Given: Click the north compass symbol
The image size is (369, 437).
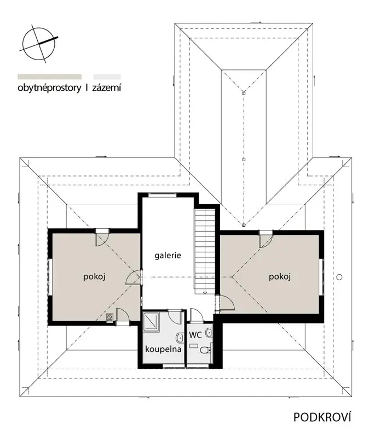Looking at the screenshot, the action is pos(39,44).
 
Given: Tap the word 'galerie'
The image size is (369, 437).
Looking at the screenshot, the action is pos(168,256).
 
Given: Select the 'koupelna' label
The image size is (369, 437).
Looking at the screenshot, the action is pos(163,349).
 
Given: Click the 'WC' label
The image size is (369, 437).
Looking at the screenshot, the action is pos(195,335).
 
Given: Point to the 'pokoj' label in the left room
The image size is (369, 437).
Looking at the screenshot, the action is pos(94,277).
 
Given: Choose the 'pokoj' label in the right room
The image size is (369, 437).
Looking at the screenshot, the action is pos(280,277).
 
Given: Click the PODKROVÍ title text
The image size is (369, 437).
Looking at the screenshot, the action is pos(322,417).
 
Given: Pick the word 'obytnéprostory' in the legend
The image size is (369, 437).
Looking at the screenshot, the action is pos(49,88).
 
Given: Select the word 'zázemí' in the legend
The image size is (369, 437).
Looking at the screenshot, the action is pos(107,88).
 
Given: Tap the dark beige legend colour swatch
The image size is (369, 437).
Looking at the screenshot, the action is pos(49,77).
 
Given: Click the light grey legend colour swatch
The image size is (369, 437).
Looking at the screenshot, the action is pos(107,77).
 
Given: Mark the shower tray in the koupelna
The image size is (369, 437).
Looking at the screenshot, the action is pos(152,322).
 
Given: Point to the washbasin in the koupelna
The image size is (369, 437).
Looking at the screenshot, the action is pos(179,338).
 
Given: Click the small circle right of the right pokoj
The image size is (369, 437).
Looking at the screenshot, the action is pos(339,277).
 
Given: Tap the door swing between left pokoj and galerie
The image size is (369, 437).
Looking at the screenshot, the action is pos(133,277).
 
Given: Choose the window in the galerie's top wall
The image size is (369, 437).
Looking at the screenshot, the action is pos(162,195).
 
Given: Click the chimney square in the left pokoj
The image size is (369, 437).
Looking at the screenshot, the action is pos(110,317).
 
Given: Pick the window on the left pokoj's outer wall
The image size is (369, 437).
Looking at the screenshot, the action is pos(50,277).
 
